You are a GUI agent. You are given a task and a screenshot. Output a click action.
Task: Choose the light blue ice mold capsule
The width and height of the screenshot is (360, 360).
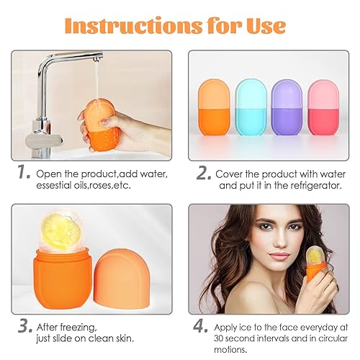coord(250,105)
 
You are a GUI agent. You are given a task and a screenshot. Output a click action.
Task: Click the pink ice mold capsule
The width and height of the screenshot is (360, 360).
coord(321,104)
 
